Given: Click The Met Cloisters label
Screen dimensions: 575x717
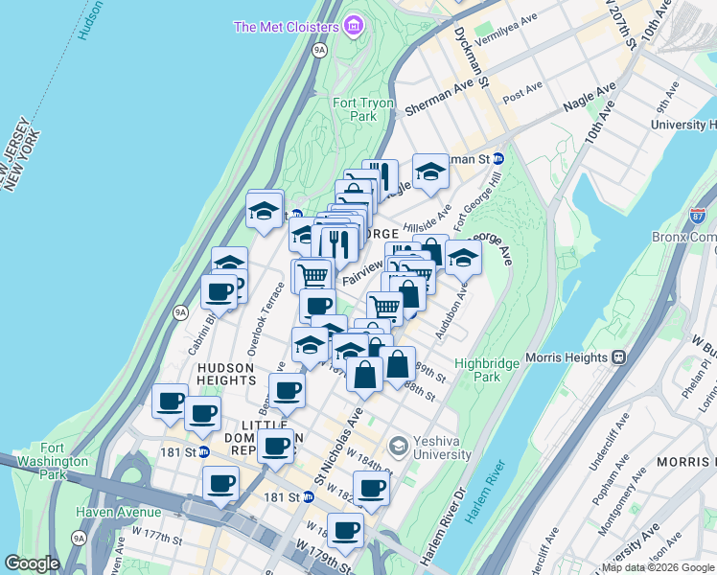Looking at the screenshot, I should [x=287, y=26].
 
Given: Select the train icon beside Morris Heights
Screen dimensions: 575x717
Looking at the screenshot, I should [x=619, y=356].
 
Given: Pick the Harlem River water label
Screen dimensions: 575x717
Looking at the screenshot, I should [x=485, y=494].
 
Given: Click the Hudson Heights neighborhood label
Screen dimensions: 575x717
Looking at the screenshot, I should [x=227, y=374].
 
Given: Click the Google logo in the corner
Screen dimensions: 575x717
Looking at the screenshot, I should [x=33, y=563].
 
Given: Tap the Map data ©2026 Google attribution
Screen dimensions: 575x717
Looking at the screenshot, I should [x=658, y=567].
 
